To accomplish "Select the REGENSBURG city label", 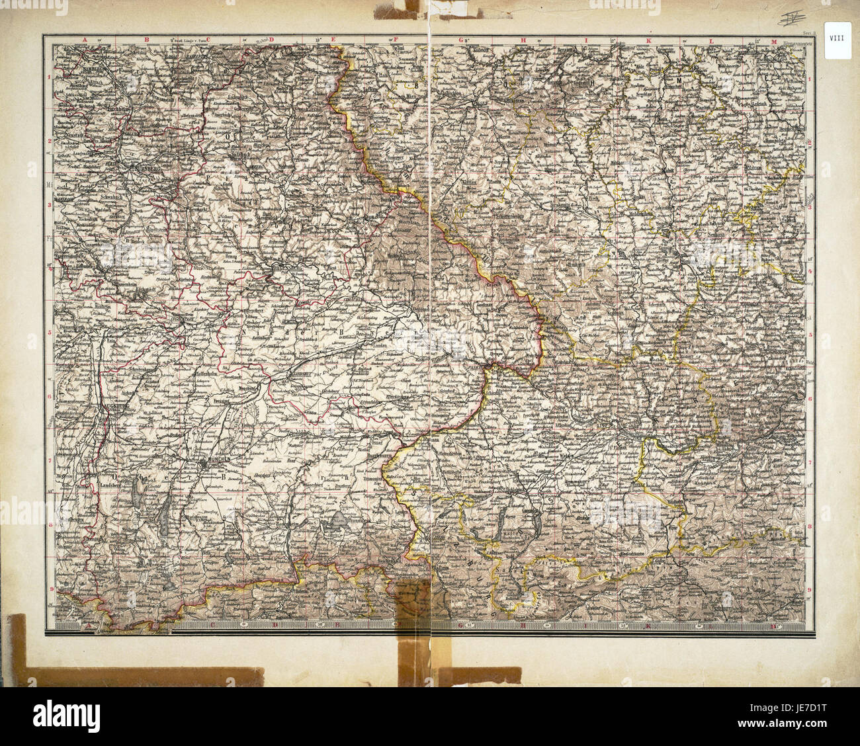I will (x=286, y=267).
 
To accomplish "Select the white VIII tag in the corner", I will (x=839, y=40).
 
